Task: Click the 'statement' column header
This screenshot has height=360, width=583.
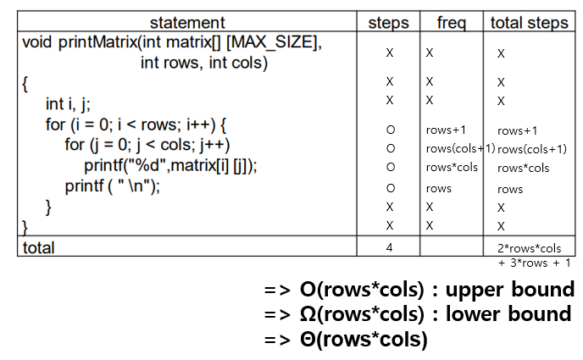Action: click(186, 23)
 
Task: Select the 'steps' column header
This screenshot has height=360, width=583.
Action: click(390, 23)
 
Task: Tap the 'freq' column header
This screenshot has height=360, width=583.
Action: click(451, 23)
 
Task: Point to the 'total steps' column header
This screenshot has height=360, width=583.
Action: click(530, 23)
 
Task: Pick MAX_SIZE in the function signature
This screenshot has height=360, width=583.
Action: click(275, 42)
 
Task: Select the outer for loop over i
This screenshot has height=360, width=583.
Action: click(136, 125)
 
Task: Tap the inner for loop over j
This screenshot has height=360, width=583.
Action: click(147, 145)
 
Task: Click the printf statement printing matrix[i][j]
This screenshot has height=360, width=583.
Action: click(169, 166)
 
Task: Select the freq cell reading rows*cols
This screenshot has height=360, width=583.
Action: click(452, 167)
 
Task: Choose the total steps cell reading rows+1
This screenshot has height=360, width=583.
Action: click(518, 130)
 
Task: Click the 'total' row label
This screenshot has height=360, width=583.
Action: click(38, 247)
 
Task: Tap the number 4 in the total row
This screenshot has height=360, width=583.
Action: click(390, 247)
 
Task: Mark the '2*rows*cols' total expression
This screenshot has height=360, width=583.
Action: click(530, 248)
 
